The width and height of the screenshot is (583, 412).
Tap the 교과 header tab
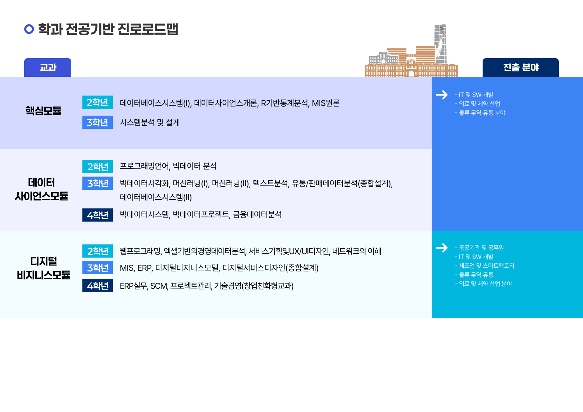48,68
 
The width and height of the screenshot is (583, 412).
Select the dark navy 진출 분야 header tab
521,68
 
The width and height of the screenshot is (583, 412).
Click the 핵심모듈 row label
44,110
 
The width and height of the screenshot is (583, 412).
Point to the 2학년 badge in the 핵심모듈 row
98,102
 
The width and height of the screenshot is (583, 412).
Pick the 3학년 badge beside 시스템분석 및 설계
98,122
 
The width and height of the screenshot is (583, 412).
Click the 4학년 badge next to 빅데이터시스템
98,215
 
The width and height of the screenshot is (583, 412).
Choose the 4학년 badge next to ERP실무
98,286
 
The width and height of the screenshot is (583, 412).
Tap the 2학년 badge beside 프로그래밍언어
98,167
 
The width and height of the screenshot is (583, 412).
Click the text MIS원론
325,103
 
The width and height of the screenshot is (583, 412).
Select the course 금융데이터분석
257,214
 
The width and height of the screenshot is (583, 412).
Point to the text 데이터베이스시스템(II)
156,197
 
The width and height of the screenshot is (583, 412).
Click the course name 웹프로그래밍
141,251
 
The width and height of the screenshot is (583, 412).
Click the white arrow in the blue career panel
442,95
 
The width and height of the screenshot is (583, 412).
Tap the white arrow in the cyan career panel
442,248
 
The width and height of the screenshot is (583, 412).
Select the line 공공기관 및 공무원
481,248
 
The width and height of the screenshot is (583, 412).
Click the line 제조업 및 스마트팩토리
486,266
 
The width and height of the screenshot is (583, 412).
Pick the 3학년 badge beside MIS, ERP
98,268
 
